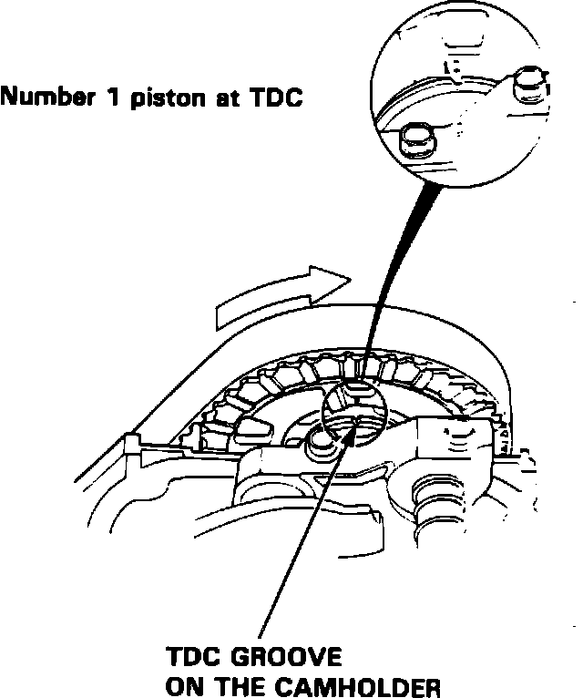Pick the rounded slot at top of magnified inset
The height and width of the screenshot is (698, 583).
tap(450, 42)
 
